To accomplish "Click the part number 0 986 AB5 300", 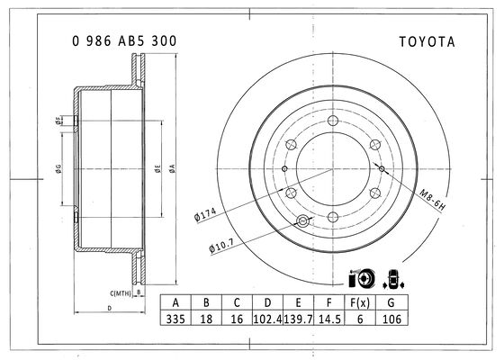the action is (x=124, y=41).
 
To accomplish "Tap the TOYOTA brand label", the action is (x=427, y=41).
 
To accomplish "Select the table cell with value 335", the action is (x=175, y=319).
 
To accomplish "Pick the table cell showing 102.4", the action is (x=267, y=319).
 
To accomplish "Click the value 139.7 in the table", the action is (x=298, y=319).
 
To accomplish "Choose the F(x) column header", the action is (x=360, y=302).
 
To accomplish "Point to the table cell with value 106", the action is (x=391, y=319).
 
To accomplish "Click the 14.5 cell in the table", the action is (x=329, y=319).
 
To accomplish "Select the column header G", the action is (x=391, y=302).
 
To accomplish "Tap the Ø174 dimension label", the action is (x=205, y=214).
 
